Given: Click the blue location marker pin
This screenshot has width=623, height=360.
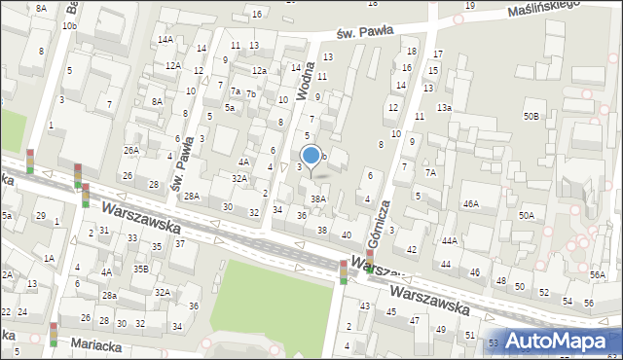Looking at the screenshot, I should click(311, 156).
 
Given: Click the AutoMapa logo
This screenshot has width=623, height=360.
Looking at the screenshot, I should click(564, 342).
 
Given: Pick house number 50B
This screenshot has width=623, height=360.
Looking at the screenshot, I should click(531, 117).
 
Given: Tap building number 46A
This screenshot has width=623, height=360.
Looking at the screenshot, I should click(470, 204).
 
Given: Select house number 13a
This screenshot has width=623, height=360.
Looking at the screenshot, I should click(444, 108).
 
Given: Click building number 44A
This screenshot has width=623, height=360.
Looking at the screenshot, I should click(449, 240).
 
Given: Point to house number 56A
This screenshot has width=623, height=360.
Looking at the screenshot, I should click(597, 276).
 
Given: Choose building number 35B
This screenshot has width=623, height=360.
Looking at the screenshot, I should click(141, 270).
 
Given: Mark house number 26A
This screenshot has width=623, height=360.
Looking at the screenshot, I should click(130, 151).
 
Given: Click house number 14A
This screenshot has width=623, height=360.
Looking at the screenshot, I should click(165, 40).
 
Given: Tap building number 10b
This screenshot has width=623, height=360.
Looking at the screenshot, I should click(68, 26).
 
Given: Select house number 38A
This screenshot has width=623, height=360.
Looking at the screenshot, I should click(317, 198).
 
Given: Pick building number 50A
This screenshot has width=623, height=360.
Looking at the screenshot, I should click(526, 215).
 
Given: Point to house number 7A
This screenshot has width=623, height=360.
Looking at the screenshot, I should click(429, 172).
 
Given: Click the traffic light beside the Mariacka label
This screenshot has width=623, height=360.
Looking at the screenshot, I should click(53, 333).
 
